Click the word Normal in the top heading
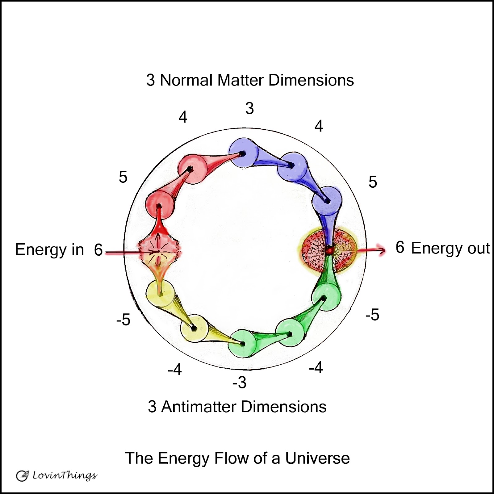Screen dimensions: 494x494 pos(186,80)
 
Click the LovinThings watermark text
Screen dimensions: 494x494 pos(65,475)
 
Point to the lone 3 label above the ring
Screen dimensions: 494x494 pos(249,108)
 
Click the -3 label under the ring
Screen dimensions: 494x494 pos(240,383)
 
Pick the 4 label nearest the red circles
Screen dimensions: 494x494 pos(183,117)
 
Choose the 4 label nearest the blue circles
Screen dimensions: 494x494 pos(319,126)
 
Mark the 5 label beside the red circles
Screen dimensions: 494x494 pos(123,177)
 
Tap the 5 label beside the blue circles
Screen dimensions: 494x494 pos(373,182)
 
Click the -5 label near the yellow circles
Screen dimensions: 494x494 pos(124,320)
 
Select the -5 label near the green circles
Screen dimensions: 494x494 pos(372,315)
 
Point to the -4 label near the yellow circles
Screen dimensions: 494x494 pos(175,369)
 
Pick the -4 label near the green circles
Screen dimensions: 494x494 pos(316,368)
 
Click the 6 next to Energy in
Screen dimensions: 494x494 pos(98,250)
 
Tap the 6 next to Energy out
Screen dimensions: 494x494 pos(400,247)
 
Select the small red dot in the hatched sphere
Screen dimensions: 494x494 pos(329,250)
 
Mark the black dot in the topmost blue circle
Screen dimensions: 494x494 pos(243,153)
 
